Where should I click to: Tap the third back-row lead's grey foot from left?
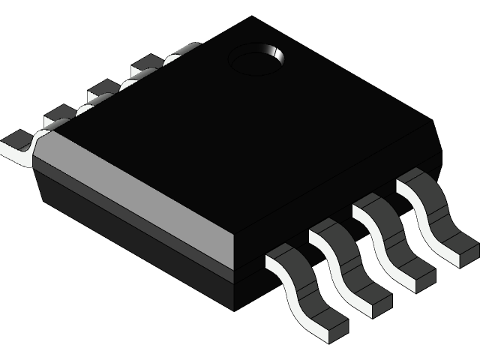(x=101, y=93)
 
